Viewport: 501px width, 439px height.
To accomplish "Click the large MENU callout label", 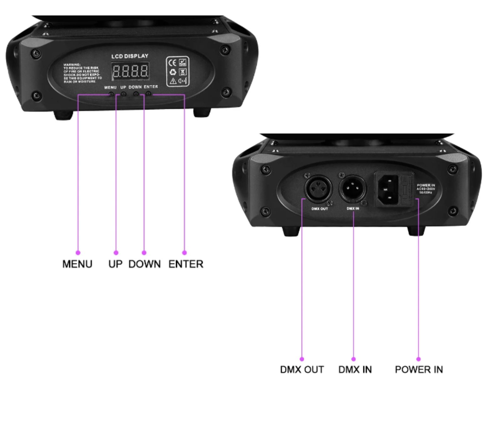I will [77, 264].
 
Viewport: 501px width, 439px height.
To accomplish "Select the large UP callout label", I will [115, 264].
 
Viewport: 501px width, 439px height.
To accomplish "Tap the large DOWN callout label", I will [144, 264].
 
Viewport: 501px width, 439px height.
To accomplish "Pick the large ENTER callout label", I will [186, 264].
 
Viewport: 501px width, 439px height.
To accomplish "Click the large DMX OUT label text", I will [302, 370].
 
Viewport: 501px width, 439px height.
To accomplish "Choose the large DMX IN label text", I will [355, 370].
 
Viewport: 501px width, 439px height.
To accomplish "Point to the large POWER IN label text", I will [419, 370].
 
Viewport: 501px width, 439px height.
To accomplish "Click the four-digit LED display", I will [130, 71].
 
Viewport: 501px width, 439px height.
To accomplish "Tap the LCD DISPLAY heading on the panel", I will [130, 56].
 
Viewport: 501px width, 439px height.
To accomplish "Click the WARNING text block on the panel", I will [82, 73].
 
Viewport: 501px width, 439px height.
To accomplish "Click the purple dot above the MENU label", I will [78, 253].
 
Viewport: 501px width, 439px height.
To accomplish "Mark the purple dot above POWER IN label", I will [418, 359].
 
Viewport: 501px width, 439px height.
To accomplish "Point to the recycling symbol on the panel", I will [173, 72].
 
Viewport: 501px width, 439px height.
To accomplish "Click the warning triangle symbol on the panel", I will [173, 81].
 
